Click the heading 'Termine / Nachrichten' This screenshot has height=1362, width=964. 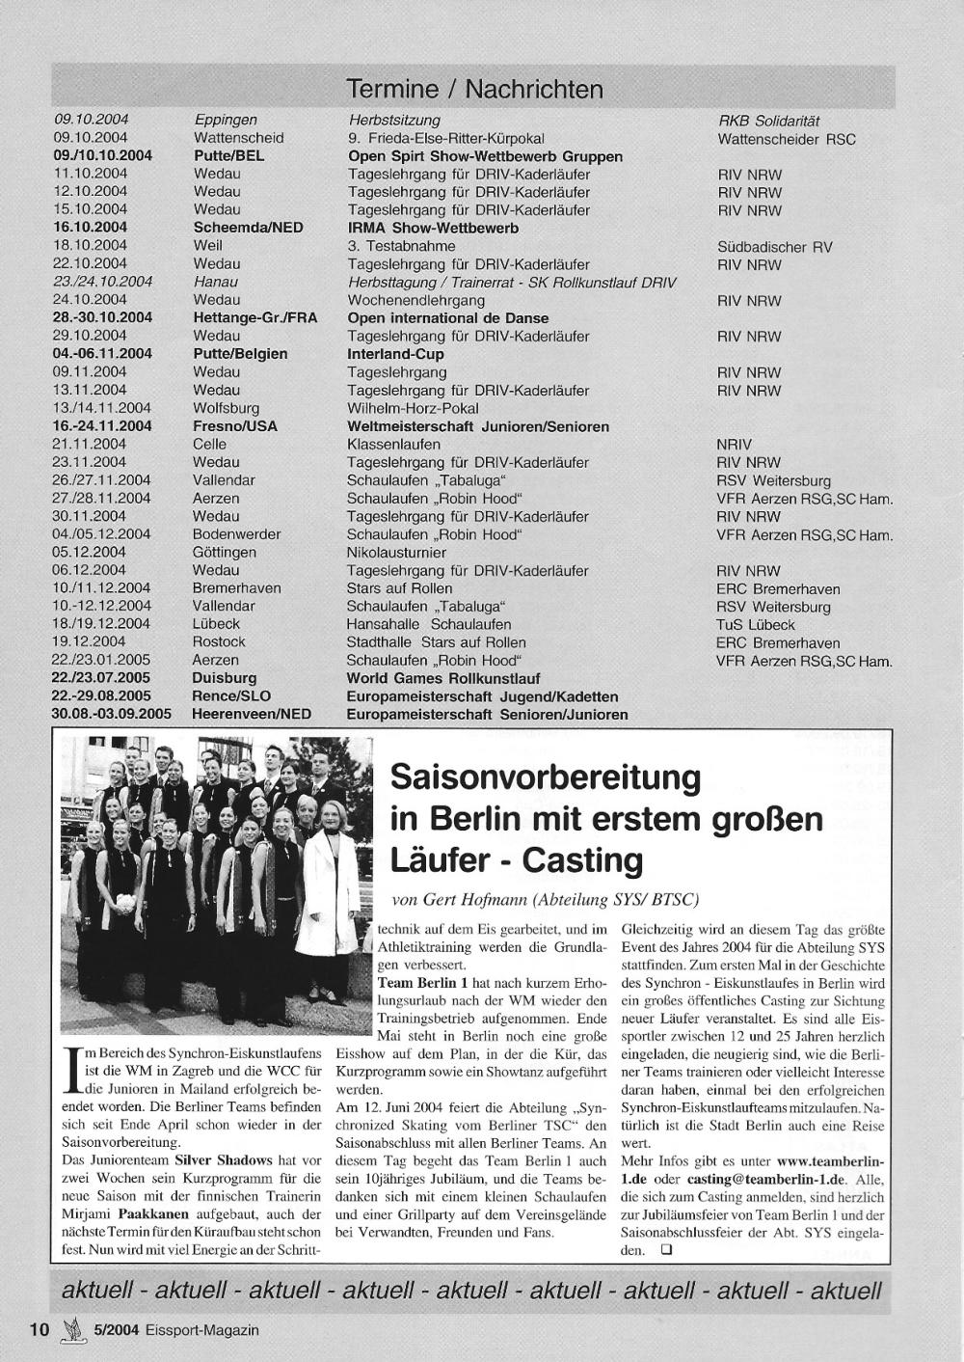click(x=474, y=90)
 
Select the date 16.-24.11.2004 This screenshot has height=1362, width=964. click(x=102, y=426)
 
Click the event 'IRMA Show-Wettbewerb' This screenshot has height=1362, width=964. click(x=433, y=228)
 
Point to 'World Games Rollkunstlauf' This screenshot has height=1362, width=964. click(x=443, y=678)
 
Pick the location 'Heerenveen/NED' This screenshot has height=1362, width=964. click(x=252, y=715)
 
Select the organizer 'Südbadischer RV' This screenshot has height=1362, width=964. click(x=774, y=246)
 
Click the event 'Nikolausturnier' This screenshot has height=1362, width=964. click(x=396, y=553)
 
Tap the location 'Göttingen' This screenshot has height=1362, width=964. click(x=225, y=553)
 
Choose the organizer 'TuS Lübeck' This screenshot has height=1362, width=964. click(x=756, y=624)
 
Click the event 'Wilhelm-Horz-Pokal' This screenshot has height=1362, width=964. click(x=413, y=408)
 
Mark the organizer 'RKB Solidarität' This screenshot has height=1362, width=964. click(x=768, y=121)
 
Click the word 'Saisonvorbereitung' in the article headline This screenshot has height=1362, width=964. click(x=545, y=776)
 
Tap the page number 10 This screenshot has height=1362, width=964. click(x=39, y=1329)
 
